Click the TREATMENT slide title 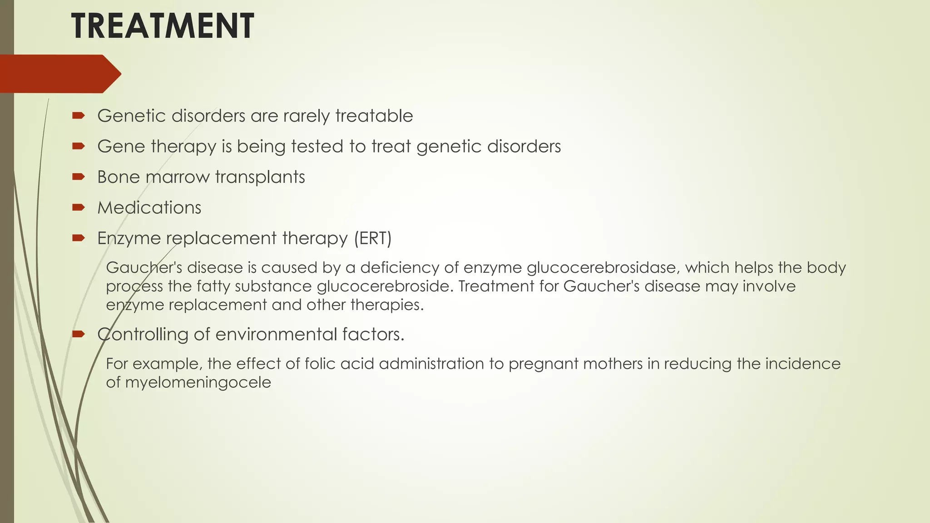pos(162,26)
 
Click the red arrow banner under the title pos(59,74)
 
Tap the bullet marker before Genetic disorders pos(78,116)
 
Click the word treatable pos(374,116)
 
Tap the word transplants pos(260,177)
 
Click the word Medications pos(149,207)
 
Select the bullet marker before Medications pos(78,207)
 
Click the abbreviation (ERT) pos(372,238)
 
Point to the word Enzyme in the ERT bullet pos(129,238)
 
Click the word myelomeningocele pos(198,383)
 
